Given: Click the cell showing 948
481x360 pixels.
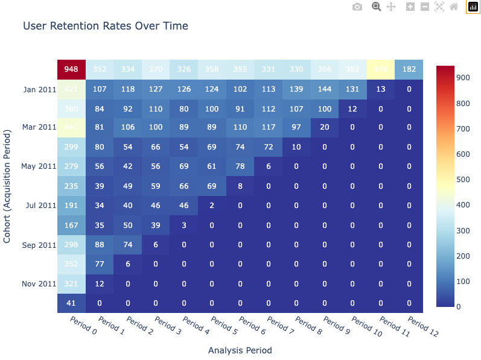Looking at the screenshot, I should tap(71, 69).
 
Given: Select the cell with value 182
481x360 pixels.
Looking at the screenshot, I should tap(409, 69).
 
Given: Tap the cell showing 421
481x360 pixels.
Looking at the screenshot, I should tap(71, 90).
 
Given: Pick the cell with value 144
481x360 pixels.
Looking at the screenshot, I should tap(324, 90).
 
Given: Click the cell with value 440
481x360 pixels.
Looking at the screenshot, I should tap(71, 128).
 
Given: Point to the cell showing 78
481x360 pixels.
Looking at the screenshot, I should tap(240, 166).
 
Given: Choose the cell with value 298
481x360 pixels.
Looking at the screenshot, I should tap(71, 245).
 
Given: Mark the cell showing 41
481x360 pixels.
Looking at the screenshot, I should tap(71, 303).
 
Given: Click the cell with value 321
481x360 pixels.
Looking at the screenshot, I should tap(71, 284).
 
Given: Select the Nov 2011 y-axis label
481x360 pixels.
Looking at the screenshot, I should tap(39, 284).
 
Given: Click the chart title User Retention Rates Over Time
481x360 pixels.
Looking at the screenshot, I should tap(106, 26).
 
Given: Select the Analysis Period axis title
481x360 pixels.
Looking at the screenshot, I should tap(240, 350).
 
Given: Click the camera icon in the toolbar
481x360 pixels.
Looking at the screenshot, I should tap(357, 7).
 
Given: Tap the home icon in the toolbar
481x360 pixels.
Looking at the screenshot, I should tap(453, 7).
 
